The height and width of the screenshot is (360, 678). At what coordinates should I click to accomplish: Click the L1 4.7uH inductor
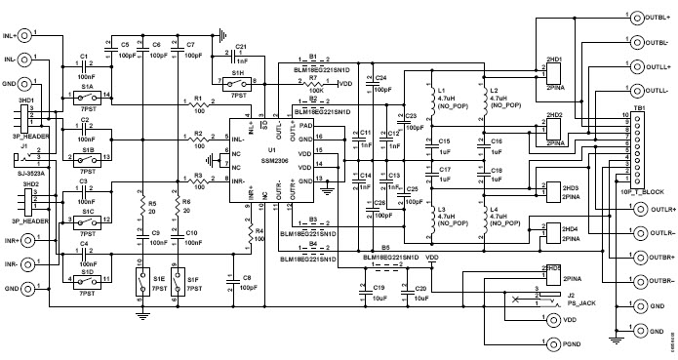point(427,101)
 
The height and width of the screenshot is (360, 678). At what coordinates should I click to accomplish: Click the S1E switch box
point(141,283)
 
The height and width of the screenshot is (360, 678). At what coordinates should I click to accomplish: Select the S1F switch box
point(175,283)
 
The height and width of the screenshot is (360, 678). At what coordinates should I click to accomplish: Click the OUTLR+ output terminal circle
point(607,209)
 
